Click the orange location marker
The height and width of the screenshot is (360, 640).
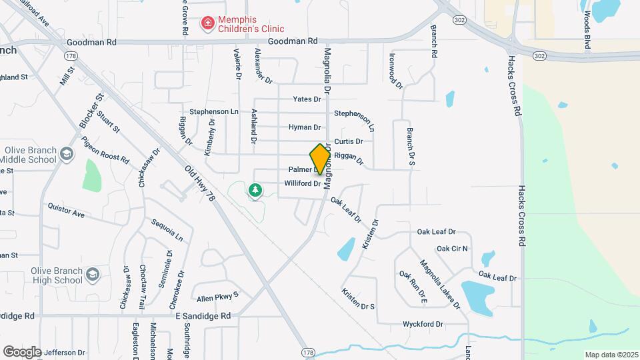pyautogui.click(x=320, y=159)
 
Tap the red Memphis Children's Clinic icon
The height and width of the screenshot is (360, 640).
pyautogui.click(x=208, y=25)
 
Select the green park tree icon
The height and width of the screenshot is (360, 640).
pyautogui.click(x=255, y=191)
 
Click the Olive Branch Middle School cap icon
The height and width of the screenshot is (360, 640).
pyautogui.click(x=66, y=155)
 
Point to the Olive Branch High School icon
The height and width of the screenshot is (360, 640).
pyautogui.click(x=93, y=275)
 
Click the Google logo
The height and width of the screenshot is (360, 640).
pyautogui.click(x=22, y=351)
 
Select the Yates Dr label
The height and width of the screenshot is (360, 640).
pyautogui.click(x=307, y=99)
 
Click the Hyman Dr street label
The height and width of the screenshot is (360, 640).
pyautogui.click(x=305, y=127)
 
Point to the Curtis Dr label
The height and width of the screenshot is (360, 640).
pyautogui.click(x=348, y=141)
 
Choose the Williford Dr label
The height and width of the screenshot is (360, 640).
pyautogui.click(x=303, y=183)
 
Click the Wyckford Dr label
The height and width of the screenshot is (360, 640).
pyautogui.click(x=423, y=324)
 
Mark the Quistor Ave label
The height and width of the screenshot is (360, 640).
pyautogui.click(x=66, y=211)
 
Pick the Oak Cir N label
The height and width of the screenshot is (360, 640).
pyautogui.click(x=452, y=249)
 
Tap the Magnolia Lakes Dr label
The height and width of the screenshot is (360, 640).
pyautogui.click(x=440, y=284)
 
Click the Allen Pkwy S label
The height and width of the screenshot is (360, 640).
pyautogui.click(x=217, y=294)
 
